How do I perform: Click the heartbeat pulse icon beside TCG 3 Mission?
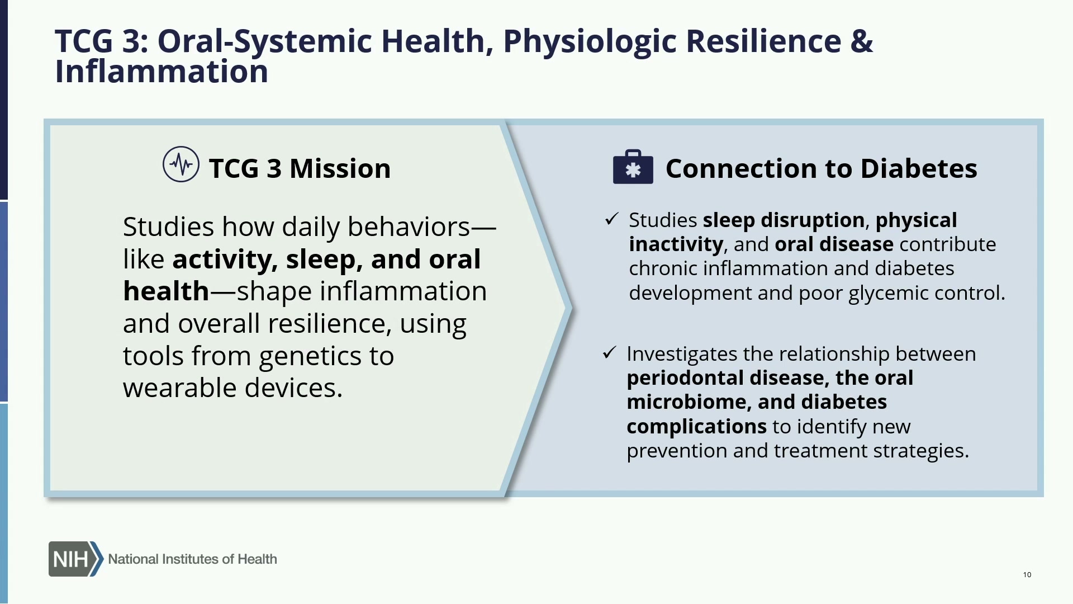pyautogui.click(x=181, y=164)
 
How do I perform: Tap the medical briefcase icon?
pyautogui.click(x=633, y=167)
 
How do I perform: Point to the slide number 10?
pyautogui.click(x=1027, y=574)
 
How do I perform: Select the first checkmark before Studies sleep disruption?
pyautogui.click(x=611, y=219)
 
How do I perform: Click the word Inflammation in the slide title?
pyautogui.click(x=162, y=72)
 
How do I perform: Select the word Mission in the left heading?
pyautogui.click(x=340, y=168)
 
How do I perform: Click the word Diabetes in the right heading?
pyautogui.click(x=919, y=168)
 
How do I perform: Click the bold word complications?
pyautogui.click(x=696, y=427)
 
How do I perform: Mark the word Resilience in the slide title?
pyautogui.click(x=763, y=41)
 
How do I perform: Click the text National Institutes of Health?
pyautogui.click(x=192, y=559)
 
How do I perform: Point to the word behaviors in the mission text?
pyautogui.click(x=409, y=226)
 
